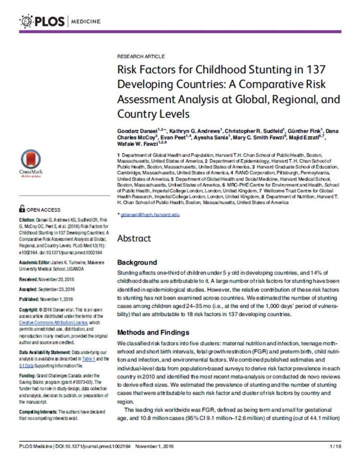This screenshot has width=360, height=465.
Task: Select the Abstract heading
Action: [x=133, y=238]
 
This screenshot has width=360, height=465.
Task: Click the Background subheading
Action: [x=136, y=262]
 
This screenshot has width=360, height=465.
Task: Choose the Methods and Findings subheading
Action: [x=153, y=332]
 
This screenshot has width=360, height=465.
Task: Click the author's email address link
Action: [x=148, y=214]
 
